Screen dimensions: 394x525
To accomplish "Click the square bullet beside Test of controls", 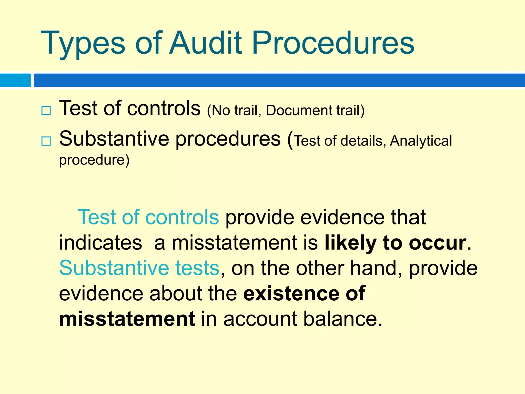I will coord(46,111).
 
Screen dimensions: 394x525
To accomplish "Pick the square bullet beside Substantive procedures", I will coord(46,141).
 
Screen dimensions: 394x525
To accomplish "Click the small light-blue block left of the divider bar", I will coord(15,80).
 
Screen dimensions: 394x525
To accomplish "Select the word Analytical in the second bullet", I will coord(421,141).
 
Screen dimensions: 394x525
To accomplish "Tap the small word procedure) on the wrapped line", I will coord(94,160).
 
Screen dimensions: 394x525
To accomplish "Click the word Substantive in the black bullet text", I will coord(114,139).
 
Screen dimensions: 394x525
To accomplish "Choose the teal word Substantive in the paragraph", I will coord(114,268).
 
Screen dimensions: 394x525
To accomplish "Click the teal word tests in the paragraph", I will coord(197,268).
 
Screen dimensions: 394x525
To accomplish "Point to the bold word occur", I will coord(437,243).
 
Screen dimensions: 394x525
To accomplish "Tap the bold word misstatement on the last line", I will coord(127,319).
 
